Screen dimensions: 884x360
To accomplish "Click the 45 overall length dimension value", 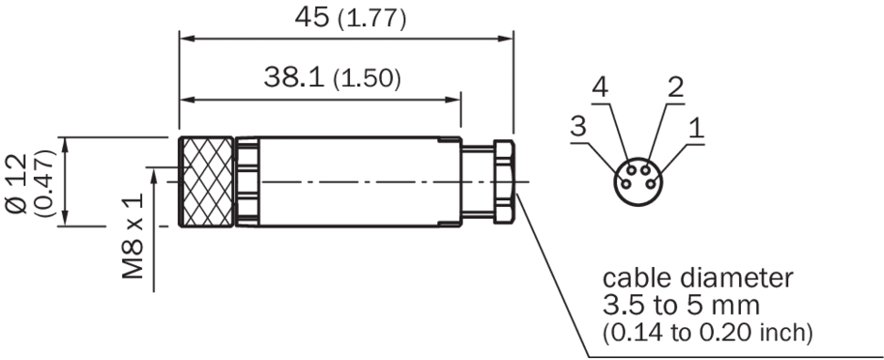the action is click(x=312, y=18).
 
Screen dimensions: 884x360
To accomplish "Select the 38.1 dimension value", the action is click(x=294, y=77).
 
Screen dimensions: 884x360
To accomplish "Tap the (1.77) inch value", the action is click(x=371, y=20).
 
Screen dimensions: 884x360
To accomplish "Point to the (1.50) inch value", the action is click(x=367, y=80).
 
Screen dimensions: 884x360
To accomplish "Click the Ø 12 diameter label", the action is click(x=17, y=183).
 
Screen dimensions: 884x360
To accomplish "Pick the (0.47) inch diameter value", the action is click(x=45, y=183).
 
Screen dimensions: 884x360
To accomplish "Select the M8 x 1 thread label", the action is click(x=134, y=236).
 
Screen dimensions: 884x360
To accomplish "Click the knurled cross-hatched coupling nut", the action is click(x=206, y=182).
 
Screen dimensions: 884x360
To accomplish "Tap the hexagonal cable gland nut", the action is click(x=504, y=182).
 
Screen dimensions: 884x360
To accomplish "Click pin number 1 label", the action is click(x=697, y=129).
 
